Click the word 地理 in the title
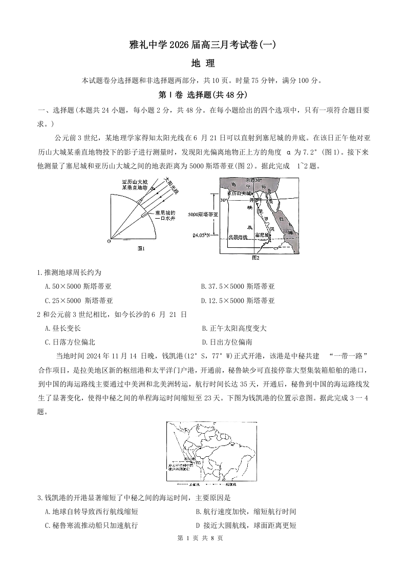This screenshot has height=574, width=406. point(202,63)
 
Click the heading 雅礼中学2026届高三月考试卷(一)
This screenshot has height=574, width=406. point(203,45)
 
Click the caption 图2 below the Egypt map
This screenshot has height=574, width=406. point(256,258)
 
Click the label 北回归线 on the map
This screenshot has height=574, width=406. point(238,237)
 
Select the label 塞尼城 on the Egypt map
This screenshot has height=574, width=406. point(262,235)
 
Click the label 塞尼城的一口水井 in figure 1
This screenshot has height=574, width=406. point(165,216)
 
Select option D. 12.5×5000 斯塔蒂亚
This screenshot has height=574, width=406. point(238,301)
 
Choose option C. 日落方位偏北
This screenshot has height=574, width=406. point(70,342)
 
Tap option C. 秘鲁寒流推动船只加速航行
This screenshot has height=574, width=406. point(92,525)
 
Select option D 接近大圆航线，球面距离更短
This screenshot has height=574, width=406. point(246,525)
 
